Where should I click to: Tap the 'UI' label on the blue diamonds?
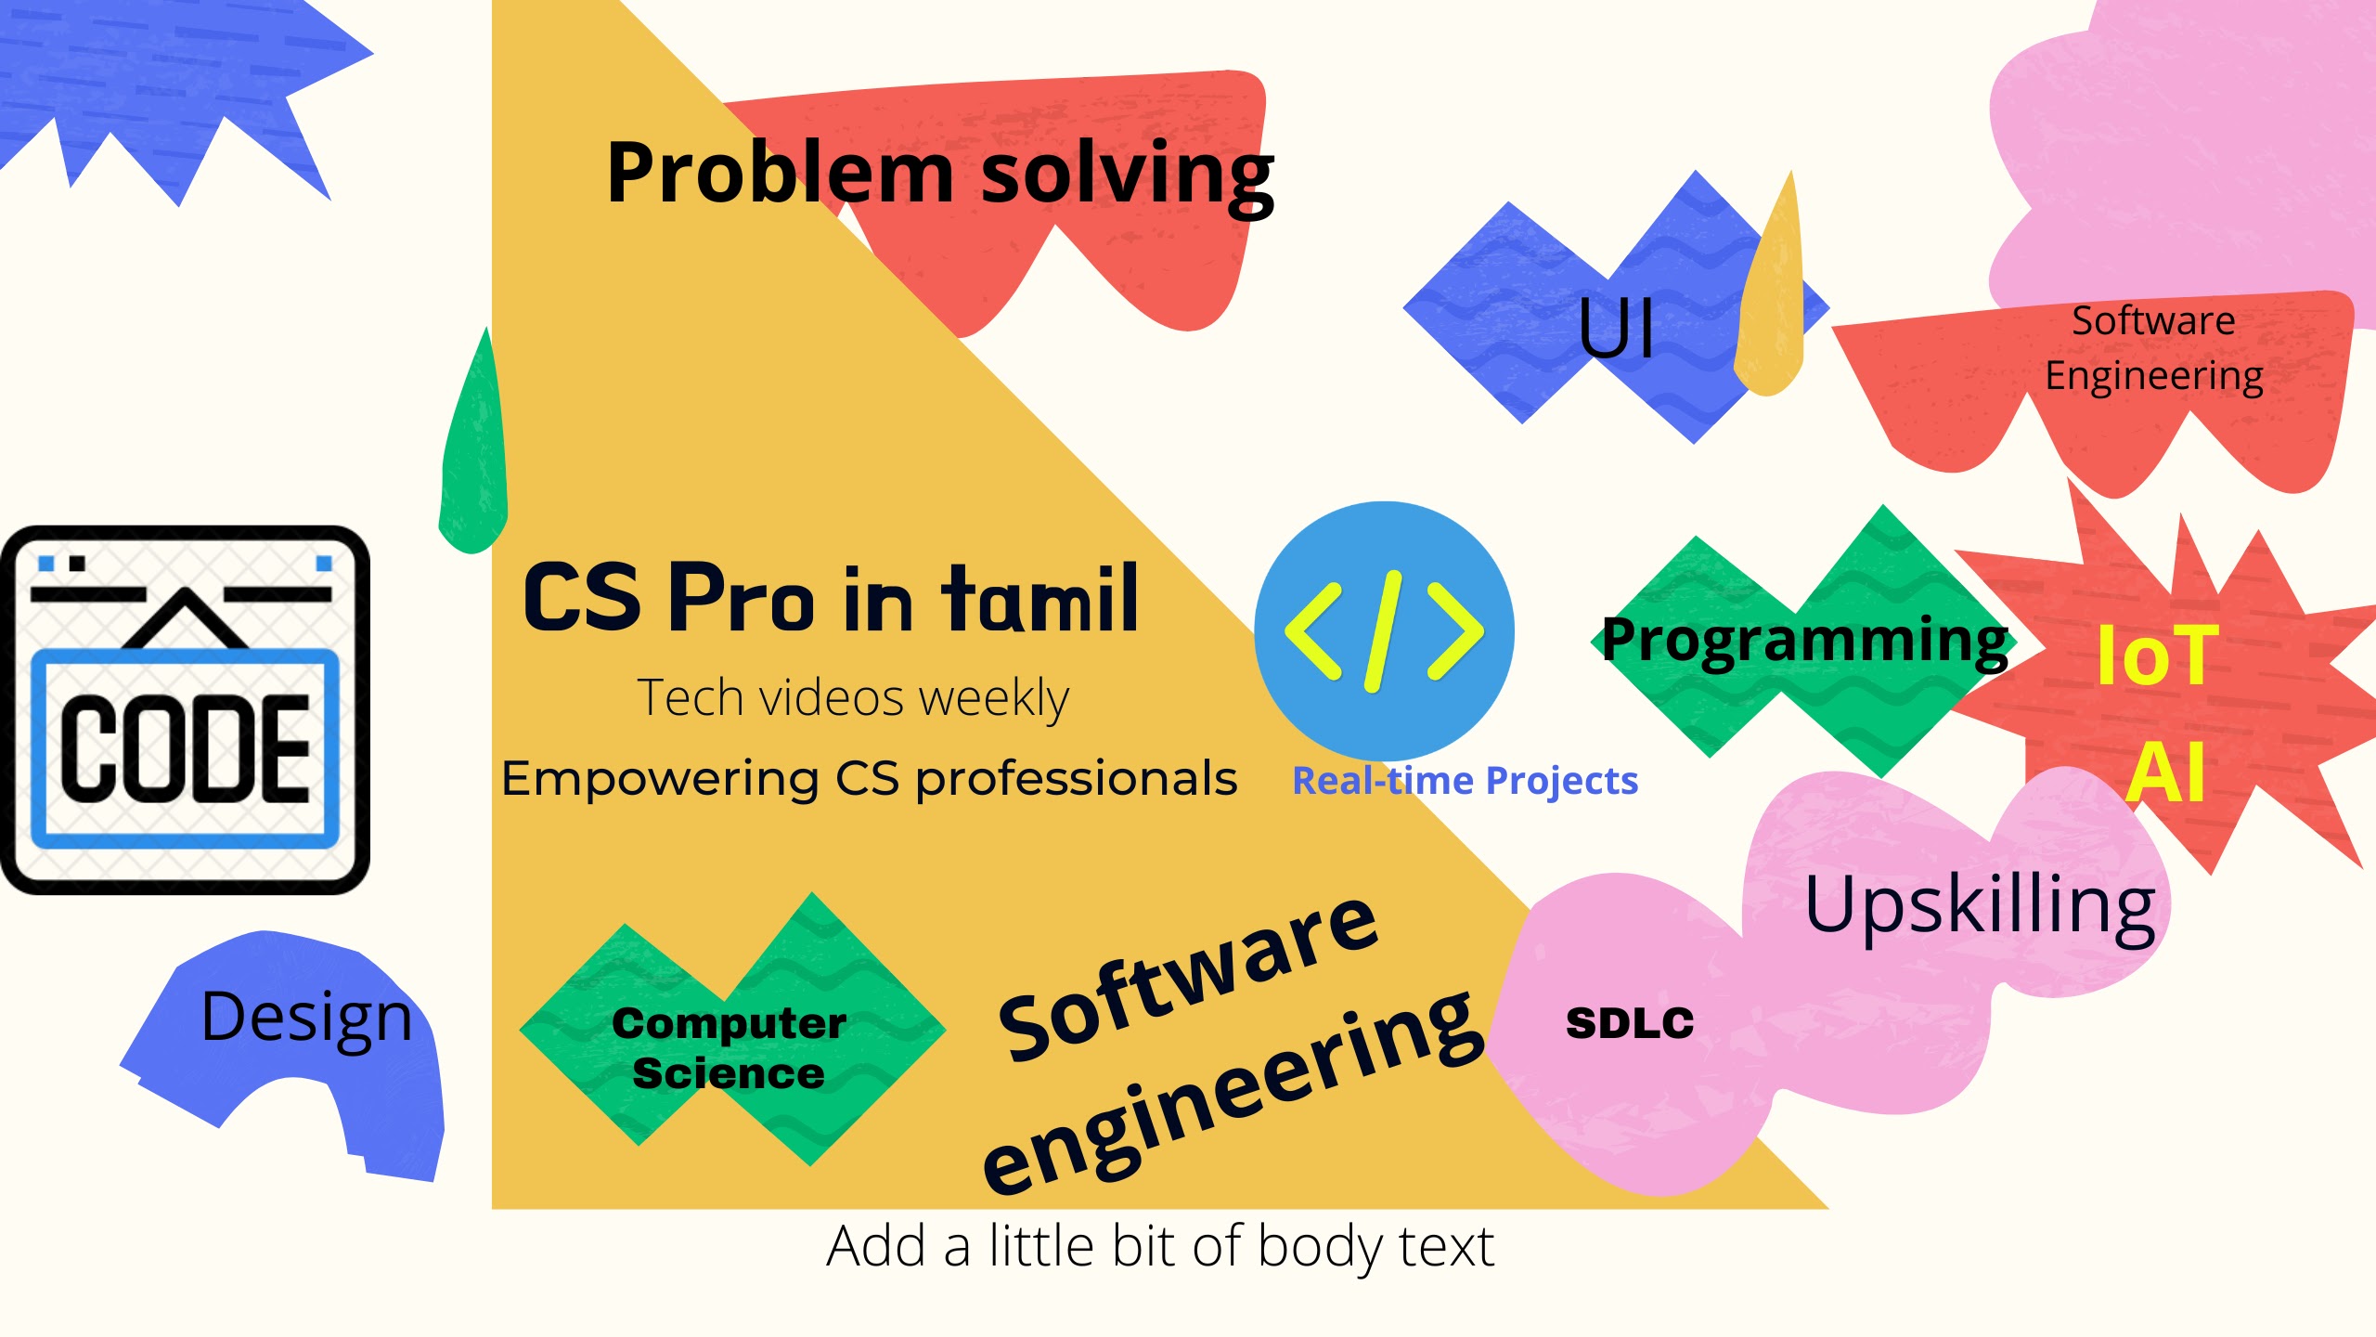coord(1616,328)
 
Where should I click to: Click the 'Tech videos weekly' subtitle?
coord(853,698)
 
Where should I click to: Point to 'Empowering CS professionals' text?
coord(869,779)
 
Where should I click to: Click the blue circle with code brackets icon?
coord(1384,631)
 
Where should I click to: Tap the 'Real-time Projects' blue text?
coord(1465,782)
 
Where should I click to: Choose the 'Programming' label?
coord(1805,641)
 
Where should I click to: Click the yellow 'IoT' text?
coord(2157,656)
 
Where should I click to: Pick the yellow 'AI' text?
coord(2165,772)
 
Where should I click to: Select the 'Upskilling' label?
coord(1980,906)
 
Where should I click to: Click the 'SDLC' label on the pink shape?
coord(1630,1023)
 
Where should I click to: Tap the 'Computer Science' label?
coord(729,1047)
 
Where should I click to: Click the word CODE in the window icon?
coord(186,748)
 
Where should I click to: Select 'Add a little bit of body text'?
coord(1160,1246)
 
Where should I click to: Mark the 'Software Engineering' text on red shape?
coord(2154,349)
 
